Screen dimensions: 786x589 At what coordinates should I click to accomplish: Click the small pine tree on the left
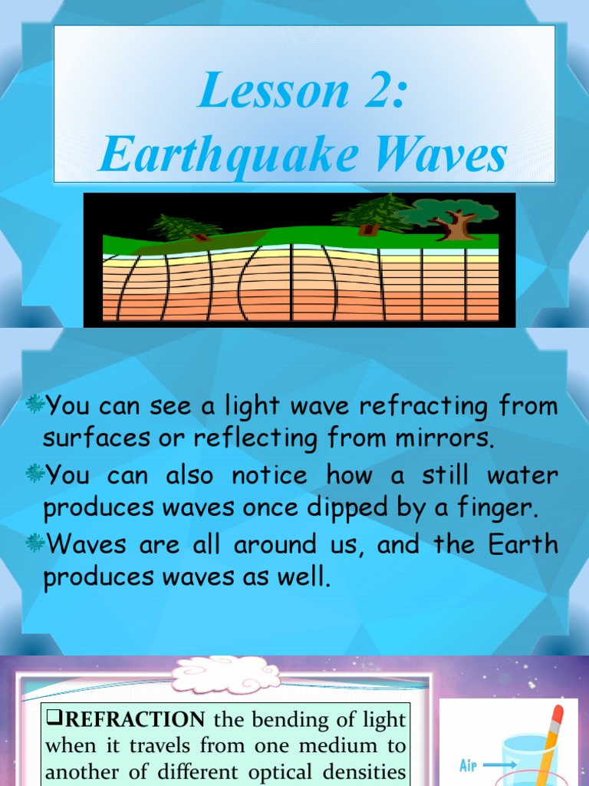[184, 227]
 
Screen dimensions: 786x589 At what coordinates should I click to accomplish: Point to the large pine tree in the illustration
[373, 213]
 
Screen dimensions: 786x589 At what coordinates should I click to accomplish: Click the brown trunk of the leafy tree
[453, 227]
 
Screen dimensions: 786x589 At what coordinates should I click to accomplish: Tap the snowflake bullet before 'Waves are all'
[34, 543]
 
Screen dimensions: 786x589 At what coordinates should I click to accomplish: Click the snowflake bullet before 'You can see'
[34, 404]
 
